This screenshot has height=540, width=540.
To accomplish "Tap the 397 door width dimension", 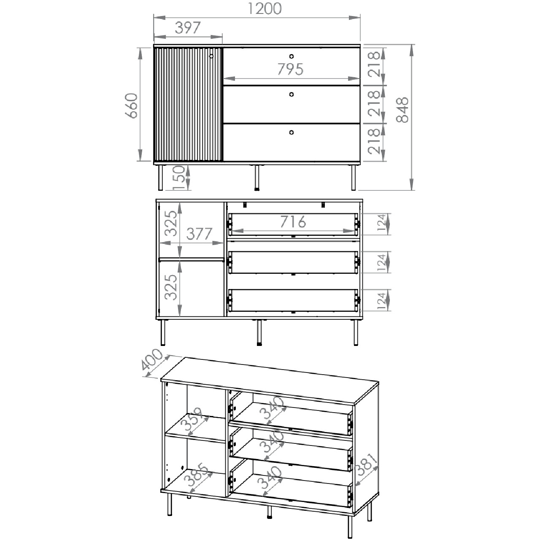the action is pos(188,27).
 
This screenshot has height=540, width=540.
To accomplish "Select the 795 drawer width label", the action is pos(290,69).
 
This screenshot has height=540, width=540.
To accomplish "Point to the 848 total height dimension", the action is pos(402,110).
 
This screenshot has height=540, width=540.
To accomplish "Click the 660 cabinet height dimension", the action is pos(132,105).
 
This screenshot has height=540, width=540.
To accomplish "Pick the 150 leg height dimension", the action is pos(179,178).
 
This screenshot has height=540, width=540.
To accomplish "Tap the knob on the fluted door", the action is pos(211,56).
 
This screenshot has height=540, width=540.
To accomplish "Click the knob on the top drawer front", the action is pos(292,57).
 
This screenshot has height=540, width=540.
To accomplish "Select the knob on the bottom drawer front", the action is pos(292,132).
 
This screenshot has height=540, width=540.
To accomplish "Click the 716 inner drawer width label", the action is pos(293,222).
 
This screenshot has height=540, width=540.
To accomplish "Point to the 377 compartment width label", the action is pos(199,234).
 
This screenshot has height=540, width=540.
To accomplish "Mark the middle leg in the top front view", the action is pos(256,177).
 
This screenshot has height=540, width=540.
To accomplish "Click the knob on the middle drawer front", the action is pos(292,94).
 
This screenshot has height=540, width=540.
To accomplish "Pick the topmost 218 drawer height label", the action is pos(373,64).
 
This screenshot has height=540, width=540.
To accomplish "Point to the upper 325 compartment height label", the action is pos(171,223).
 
